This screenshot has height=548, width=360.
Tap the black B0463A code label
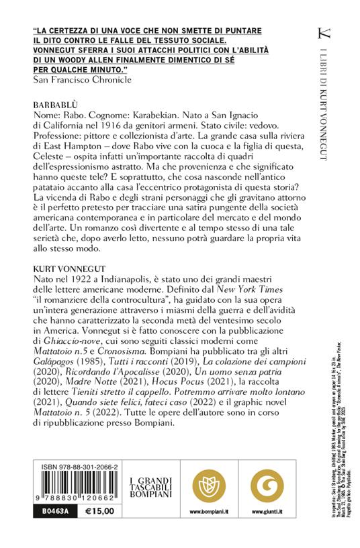[49, 531]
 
